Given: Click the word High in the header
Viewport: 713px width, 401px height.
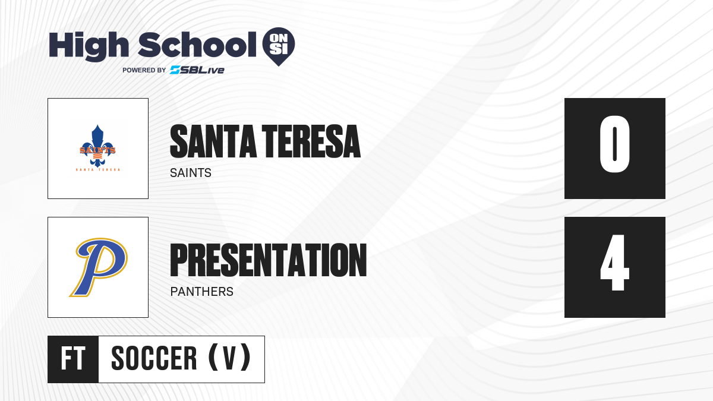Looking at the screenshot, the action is (x=89, y=46).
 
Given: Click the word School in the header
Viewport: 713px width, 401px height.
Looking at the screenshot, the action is (x=197, y=45).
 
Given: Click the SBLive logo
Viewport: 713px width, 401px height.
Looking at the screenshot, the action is (x=197, y=70).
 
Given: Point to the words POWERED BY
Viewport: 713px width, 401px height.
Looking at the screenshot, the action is (x=144, y=70).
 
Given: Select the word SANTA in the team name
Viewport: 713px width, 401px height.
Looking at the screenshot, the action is (x=213, y=141).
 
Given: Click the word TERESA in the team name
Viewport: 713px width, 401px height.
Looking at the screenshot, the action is (x=311, y=141).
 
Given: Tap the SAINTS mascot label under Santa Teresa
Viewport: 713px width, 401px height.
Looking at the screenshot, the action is (x=191, y=173).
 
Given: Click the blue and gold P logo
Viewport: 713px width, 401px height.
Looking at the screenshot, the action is (x=99, y=267).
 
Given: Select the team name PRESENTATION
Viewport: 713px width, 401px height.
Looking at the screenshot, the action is (x=269, y=260).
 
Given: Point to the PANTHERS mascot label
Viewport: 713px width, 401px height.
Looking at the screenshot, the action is (x=202, y=292).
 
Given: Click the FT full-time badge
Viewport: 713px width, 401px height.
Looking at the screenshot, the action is (x=73, y=359).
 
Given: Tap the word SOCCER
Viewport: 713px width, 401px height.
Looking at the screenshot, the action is (x=154, y=359).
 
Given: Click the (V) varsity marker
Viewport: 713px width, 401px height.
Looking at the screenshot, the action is (x=229, y=358).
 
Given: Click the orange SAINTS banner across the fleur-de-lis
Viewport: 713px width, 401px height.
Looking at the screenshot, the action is (x=97, y=150).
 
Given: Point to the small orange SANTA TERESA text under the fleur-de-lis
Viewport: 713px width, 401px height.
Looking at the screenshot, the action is (x=97, y=170).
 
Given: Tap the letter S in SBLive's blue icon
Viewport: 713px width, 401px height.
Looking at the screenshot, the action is (x=175, y=70).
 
